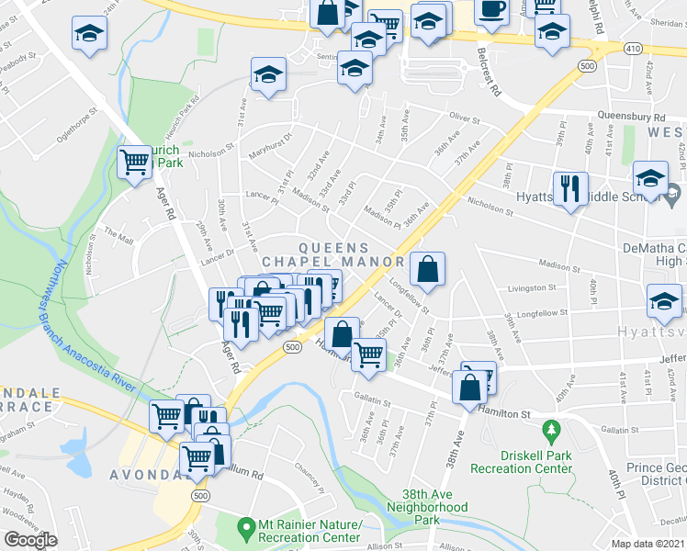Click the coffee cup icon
click(491, 9)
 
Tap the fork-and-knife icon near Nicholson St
click(570, 189)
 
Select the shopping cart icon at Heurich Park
click(135, 163)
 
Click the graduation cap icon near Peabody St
click(90, 32)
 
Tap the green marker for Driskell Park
click(551, 430)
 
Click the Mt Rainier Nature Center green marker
click(245, 528)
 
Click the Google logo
click(30, 540)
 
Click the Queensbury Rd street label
click(631, 118)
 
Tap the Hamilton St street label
click(504, 414)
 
